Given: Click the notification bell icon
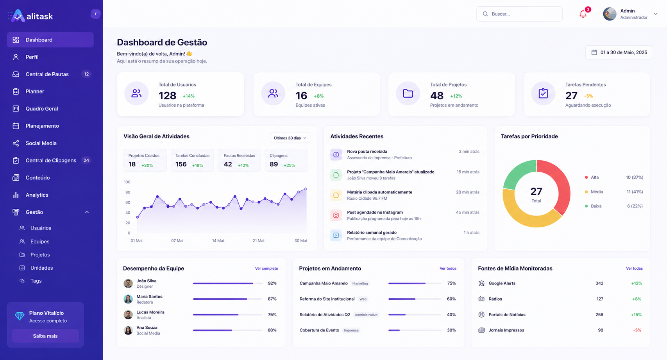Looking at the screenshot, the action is point(583,14).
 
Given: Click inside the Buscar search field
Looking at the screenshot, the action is point(519,14).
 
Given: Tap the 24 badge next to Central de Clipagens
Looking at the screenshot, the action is point(86,160).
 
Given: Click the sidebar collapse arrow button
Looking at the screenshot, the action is point(95,14).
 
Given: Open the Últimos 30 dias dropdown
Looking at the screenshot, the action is point(290,138).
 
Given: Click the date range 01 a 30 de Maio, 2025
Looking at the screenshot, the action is point(619,52).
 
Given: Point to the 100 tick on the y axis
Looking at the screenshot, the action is point(127,182).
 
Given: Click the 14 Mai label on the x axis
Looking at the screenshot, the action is point(218,241).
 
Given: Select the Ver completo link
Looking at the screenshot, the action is point(266,269).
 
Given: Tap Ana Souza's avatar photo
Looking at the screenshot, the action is point(128,330).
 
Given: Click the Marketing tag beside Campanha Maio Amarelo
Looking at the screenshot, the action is point(360,283).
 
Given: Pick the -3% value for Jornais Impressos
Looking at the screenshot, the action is point(637,330).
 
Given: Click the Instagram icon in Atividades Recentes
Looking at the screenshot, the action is point(336,215).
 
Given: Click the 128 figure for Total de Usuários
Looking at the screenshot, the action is point(167,96).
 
